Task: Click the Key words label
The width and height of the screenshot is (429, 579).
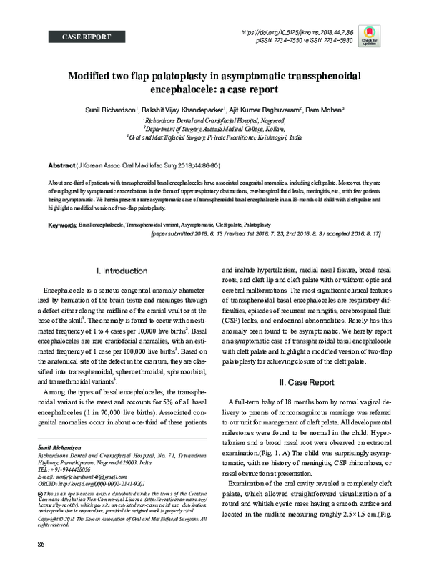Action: (62, 225)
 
